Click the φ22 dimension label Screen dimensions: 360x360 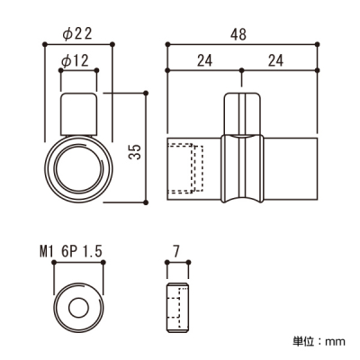coord(76,34)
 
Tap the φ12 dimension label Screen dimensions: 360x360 coord(75,61)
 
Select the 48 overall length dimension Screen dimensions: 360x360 coord(238,34)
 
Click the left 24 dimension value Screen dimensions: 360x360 coord(204,61)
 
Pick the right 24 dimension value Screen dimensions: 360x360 coord(275,61)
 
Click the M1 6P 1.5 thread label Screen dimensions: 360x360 coord(71,251)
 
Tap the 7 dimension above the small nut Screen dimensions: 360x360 coord(176,251)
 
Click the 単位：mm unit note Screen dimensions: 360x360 coord(319,341)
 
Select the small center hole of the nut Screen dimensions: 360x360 coord(78,308)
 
